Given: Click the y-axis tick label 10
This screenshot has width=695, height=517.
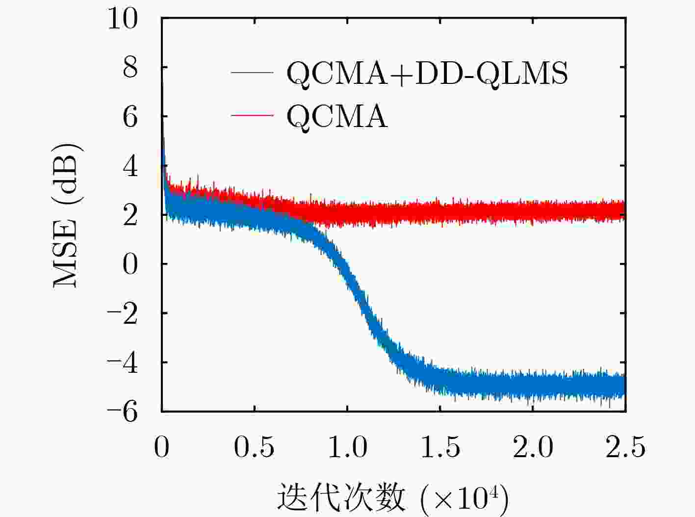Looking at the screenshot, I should tap(123, 20).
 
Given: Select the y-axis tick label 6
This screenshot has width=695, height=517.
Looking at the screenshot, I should tap(130, 117).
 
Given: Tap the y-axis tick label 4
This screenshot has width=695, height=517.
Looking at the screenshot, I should tap(130, 167).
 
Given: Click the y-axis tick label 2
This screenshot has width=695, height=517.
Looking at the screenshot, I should tap(130, 215).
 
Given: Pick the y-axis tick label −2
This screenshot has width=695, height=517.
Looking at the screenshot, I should tap(123, 314).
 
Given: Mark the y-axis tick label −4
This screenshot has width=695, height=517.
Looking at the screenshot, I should tap(123, 363).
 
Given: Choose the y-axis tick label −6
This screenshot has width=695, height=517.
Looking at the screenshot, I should tap(123, 412).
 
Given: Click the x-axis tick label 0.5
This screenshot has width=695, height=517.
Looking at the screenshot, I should tap(254, 447).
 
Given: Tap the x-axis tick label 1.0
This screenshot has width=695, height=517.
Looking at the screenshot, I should tap(347, 447).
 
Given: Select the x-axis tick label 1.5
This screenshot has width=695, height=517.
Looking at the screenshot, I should tap(440, 447).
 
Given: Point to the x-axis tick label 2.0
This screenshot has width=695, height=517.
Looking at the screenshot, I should tap(533, 447).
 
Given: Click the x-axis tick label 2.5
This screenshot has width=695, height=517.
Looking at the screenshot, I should tap(625, 447).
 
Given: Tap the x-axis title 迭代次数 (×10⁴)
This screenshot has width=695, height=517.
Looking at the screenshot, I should tap(392, 498).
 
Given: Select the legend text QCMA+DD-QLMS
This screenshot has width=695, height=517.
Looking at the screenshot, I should tap(427, 74).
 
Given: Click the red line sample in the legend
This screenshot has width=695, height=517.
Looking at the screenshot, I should tap(252, 115).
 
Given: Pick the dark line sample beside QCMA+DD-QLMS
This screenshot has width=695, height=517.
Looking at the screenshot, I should tap(252, 73).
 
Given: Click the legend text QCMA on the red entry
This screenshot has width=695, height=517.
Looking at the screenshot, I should tap(337, 117).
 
